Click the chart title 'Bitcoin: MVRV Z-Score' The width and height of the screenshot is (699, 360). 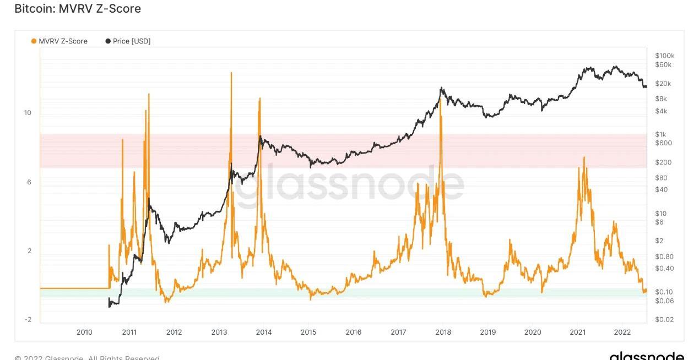click(x=77, y=9)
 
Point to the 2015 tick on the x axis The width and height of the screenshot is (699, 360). click(x=308, y=332)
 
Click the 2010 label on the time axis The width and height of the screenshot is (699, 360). click(x=84, y=332)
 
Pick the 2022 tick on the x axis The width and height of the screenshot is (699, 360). click(x=622, y=332)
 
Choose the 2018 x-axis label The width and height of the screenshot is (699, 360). click(x=443, y=332)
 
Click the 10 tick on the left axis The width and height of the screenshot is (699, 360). click(x=28, y=113)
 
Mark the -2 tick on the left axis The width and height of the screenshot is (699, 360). click(x=28, y=320)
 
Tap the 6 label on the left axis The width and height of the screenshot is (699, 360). click(x=29, y=182)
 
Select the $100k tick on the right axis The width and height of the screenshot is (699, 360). click(x=665, y=56)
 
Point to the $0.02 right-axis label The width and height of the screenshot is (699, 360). click(x=664, y=320)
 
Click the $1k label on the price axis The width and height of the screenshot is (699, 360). click(x=660, y=134)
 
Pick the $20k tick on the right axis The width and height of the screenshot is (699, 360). click(x=663, y=84)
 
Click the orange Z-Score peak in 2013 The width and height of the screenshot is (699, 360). click(x=231, y=73)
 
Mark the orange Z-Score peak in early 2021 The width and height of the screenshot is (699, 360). click(x=584, y=158)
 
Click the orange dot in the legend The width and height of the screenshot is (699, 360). click(x=34, y=41)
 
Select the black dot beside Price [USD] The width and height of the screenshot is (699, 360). click(x=108, y=41)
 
